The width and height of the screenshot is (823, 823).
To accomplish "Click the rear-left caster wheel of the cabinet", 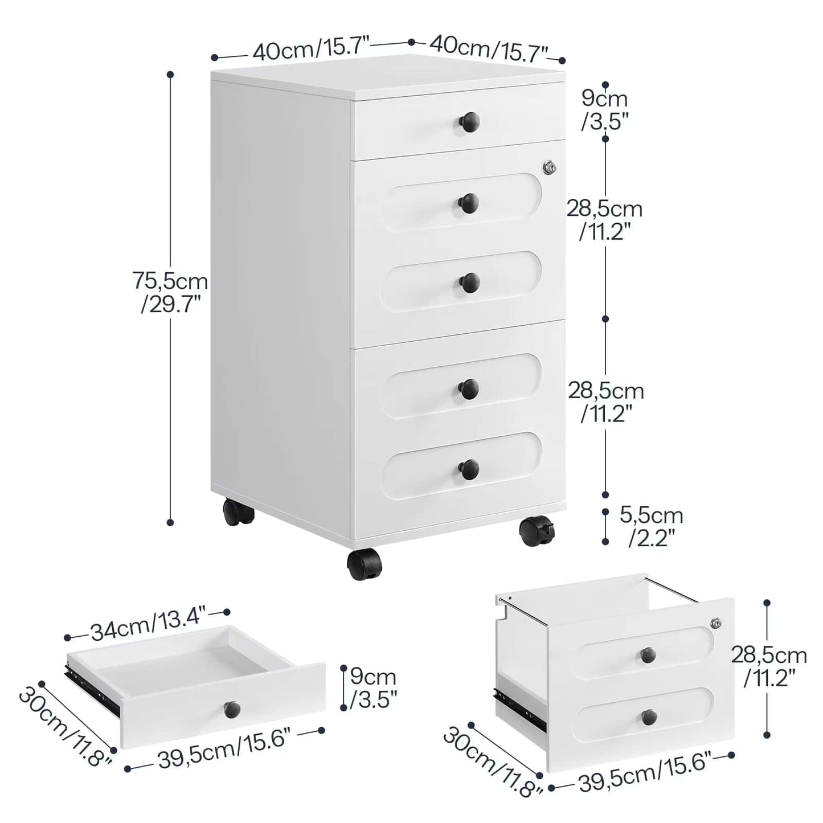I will (x=238, y=511).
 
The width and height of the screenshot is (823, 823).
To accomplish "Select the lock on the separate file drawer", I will (x=716, y=624).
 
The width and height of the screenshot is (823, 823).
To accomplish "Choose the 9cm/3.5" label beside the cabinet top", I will (x=604, y=110).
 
